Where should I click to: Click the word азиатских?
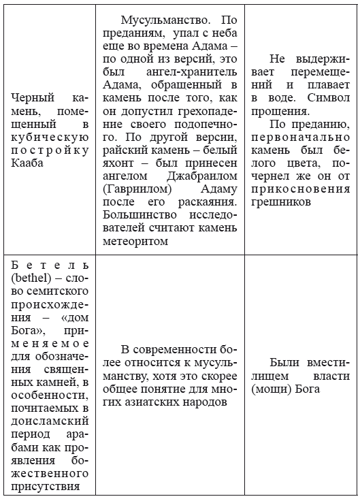[x=144, y=402]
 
